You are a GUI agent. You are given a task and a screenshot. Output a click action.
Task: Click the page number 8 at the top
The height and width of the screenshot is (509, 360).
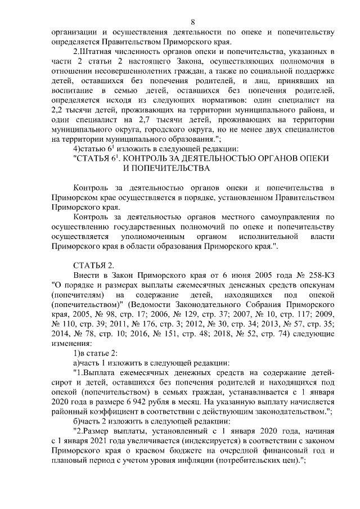coord(193,22)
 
